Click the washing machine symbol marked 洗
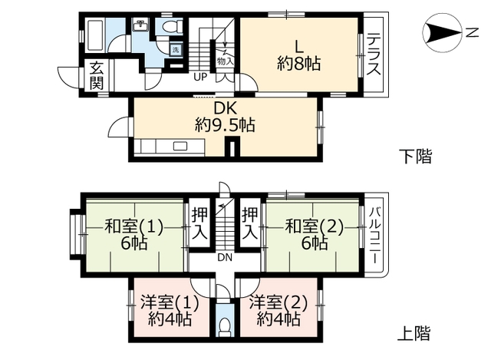pos(175,50)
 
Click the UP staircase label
pos(199,77)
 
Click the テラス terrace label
pos(374,54)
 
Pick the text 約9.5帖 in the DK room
pos(225,125)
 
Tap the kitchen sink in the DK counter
pos(182,146)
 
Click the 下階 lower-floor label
pos(416,157)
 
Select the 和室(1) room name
pos(134,226)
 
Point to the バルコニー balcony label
pos(375,234)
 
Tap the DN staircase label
pos(225,258)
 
